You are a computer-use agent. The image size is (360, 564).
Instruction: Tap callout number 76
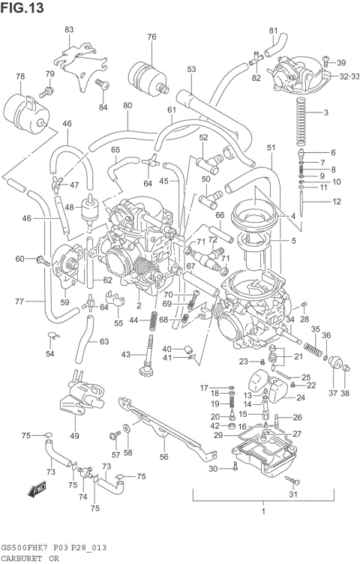(x=152, y=37)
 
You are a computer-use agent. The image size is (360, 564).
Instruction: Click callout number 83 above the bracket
(x=69, y=29)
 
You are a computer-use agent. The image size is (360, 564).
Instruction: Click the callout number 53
(x=191, y=69)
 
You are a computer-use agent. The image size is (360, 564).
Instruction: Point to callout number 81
(x=273, y=30)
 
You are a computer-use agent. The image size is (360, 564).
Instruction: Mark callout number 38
(x=345, y=393)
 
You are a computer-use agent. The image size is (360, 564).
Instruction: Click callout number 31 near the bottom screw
(x=293, y=493)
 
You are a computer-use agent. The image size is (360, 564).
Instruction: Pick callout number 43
(x=126, y=354)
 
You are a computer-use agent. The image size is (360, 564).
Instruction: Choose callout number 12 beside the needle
(x=337, y=201)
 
